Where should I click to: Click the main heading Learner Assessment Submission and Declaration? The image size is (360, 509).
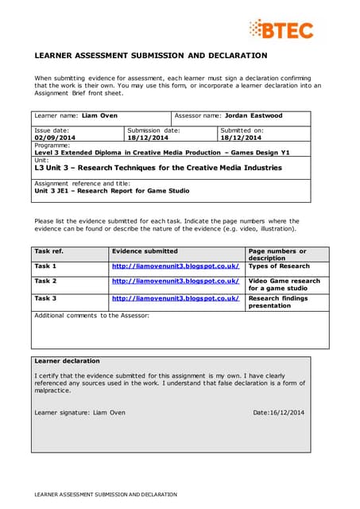coord(151,56)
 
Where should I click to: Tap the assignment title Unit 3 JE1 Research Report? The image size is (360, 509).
coord(112,191)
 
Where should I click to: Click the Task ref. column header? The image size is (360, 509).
coord(49,251)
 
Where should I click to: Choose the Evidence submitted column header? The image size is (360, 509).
coord(145,251)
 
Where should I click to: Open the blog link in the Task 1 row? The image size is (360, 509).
coord(176,266)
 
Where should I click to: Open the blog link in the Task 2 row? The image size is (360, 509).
coord(176,281)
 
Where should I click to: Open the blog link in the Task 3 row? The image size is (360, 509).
coord(176,298)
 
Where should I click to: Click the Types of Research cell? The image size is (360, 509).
coord(279,266)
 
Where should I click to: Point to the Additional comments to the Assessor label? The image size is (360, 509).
coord(91,316)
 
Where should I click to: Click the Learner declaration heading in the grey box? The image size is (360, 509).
coord(68,360)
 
